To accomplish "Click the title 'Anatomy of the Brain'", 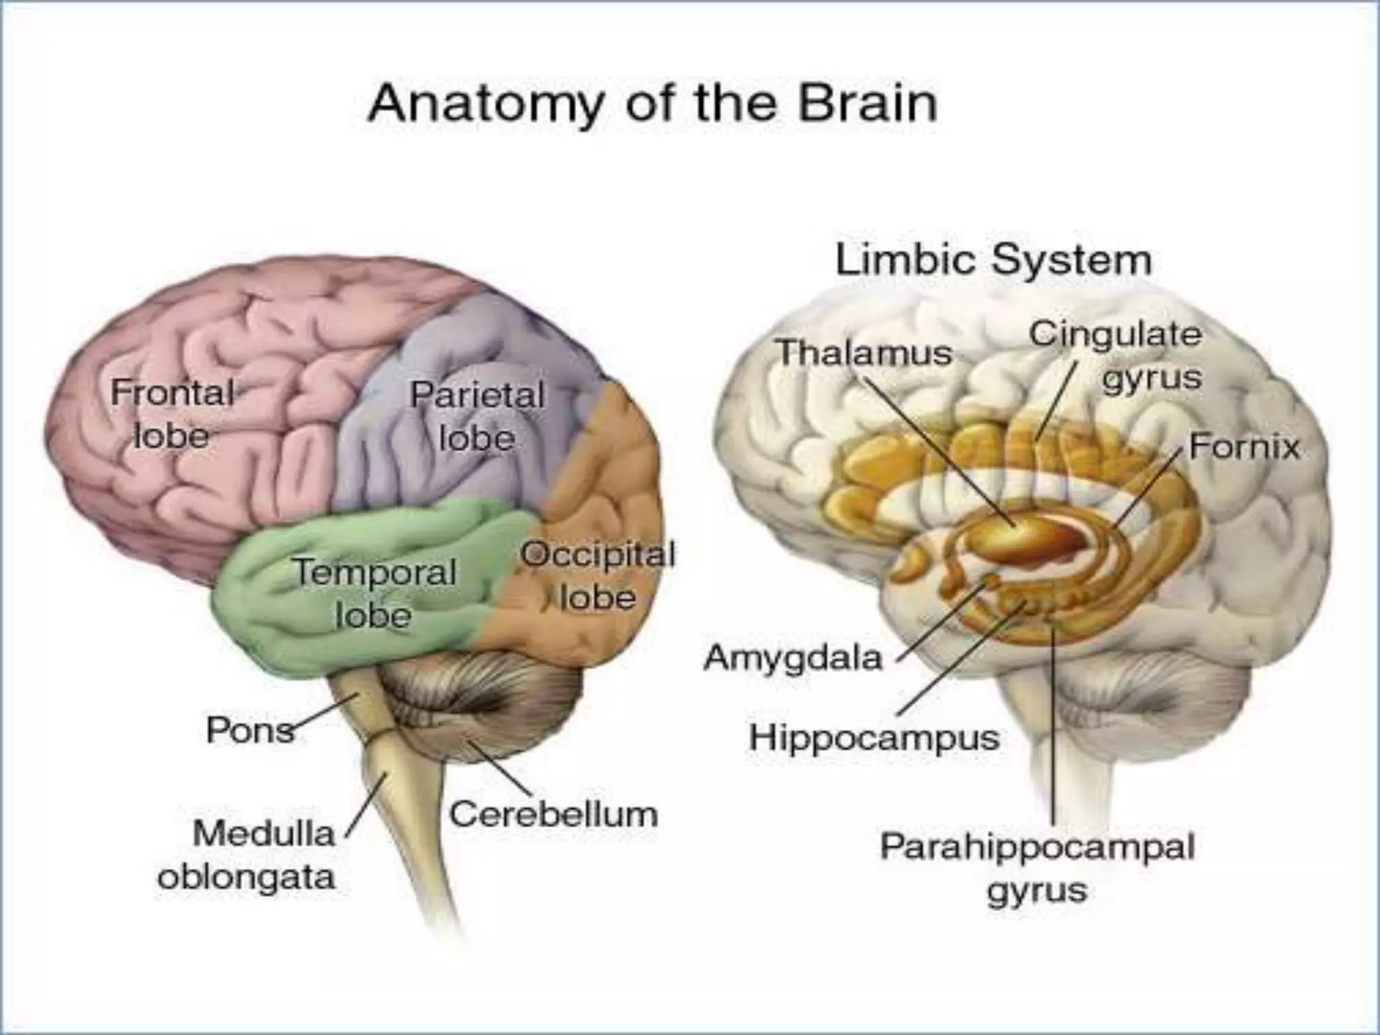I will [x=652, y=102].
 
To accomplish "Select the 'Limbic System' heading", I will [x=993, y=260].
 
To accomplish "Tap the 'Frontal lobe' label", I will [x=172, y=414].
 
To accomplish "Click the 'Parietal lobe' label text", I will [x=477, y=416].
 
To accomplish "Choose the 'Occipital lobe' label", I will [x=598, y=576].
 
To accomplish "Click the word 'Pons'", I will [x=250, y=730].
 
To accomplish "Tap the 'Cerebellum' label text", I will [x=553, y=814].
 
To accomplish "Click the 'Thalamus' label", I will [x=865, y=352].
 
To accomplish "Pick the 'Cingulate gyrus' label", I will [x=1116, y=355].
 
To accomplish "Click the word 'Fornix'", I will [x=1244, y=447].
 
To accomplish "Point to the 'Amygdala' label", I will [x=792, y=657].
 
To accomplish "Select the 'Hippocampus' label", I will [x=874, y=737].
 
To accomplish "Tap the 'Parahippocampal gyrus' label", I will [x=1037, y=868].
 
